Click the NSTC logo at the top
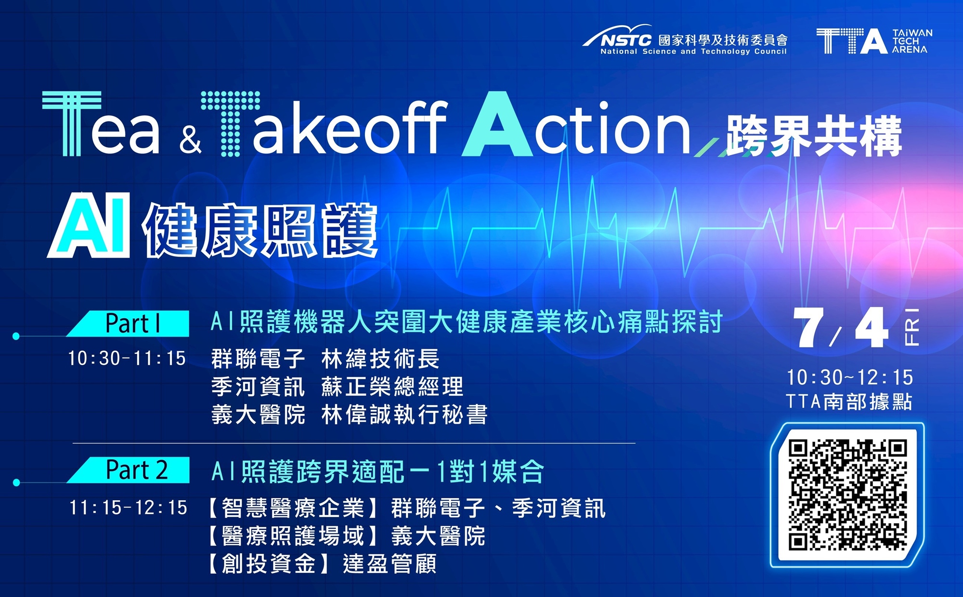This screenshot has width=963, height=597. (685, 40)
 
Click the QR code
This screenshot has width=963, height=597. (847, 495)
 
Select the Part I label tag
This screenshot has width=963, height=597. (128, 323)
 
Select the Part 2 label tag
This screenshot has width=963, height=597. (128, 469)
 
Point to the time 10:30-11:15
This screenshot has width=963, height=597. (127, 358)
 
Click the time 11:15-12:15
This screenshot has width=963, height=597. (128, 507)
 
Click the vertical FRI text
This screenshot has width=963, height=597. (912, 327)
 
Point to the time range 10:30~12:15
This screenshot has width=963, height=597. (850, 377)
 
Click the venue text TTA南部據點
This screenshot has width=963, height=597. (849, 401)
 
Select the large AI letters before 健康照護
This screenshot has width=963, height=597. (90, 225)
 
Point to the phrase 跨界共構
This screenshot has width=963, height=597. (814, 136)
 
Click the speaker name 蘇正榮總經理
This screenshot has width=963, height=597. (392, 386)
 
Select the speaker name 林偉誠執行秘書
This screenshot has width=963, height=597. (404, 415)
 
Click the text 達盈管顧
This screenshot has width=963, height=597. (390, 564)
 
